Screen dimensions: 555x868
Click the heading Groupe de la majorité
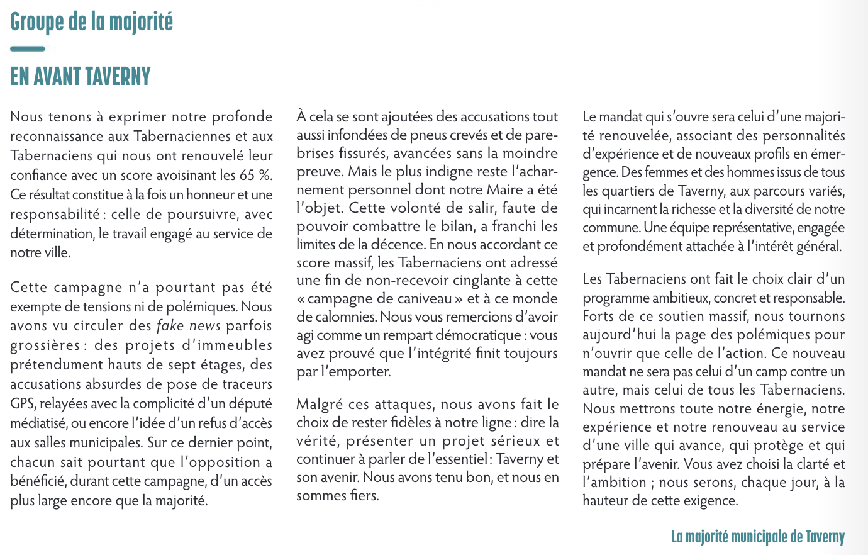pyautogui.click(x=91, y=22)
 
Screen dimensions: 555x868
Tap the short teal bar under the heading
pyautogui.click(x=28, y=48)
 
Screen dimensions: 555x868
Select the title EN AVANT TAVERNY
pyautogui.click(x=81, y=77)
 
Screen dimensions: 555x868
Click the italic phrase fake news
pyautogui.click(x=189, y=326)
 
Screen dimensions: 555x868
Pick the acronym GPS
pyautogui.click(x=22, y=404)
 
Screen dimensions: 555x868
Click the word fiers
pyautogui.click(x=363, y=496)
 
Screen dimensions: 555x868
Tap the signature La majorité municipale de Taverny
pyautogui.click(x=757, y=537)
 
